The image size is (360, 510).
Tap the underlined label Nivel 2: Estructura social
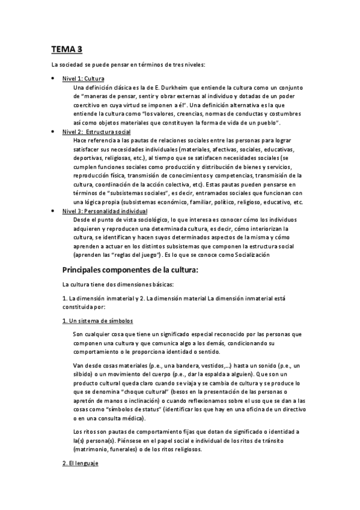pos(97,131)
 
